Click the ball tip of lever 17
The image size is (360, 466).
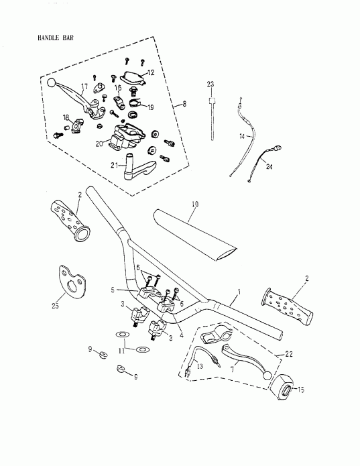(52, 82)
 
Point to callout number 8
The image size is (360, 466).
(176, 105)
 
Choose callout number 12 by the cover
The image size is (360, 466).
(151, 72)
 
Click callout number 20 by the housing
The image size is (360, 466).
(99, 143)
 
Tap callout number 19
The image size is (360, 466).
(151, 106)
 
